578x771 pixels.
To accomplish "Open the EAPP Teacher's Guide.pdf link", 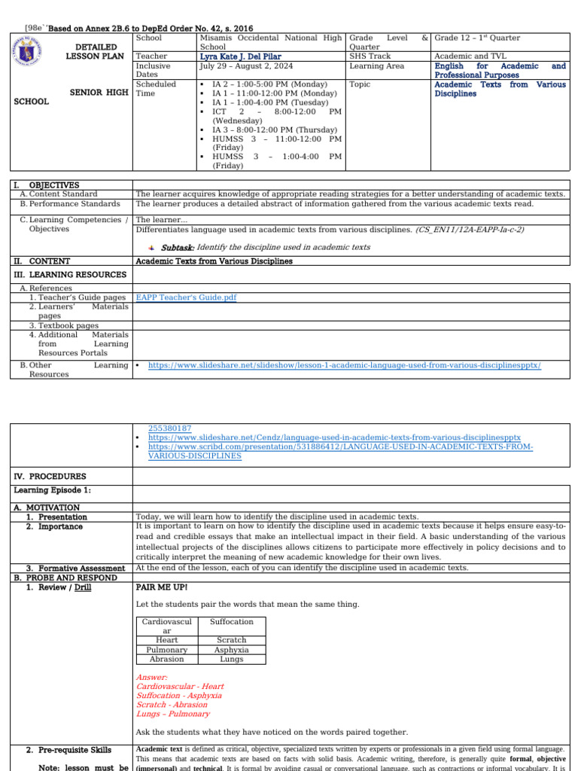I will (x=185, y=297).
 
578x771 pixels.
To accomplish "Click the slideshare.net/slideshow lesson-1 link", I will (x=345, y=365).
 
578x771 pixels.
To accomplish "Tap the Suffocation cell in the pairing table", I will (x=231, y=622).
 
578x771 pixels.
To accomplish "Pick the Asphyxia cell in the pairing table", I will (x=231, y=649).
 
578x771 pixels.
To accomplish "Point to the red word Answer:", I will (x=151, y=677).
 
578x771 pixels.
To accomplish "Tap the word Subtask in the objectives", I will (x=178, y=247).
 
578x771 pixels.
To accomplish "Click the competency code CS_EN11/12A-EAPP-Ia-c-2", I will (x=470, y=229).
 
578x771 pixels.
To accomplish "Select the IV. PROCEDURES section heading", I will (x=50, y=477).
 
